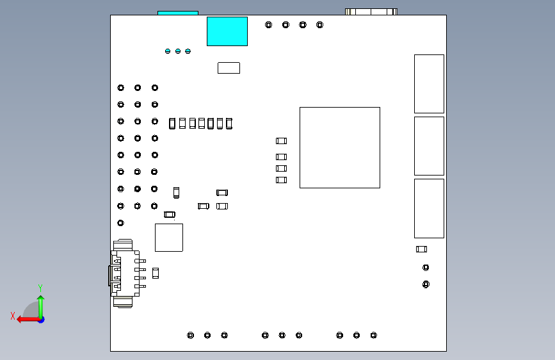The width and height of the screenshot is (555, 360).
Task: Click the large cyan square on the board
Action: click(227, 31)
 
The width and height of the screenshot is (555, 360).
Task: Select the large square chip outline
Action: click(339, 147)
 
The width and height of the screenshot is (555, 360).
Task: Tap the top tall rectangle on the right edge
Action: click(429, 84)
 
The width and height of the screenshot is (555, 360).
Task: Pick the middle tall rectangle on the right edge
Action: click(429, 146)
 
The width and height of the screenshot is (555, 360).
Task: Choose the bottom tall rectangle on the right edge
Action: click(429, 208)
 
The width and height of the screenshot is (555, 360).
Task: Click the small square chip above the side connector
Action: click(168, 238)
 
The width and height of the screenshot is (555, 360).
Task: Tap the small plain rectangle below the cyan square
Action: click(229, 67)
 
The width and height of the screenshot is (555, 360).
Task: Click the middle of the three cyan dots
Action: click(178, 51)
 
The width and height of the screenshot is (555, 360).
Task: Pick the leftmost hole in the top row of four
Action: click(269, 25)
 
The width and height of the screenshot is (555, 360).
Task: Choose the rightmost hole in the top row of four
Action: click(320, 25)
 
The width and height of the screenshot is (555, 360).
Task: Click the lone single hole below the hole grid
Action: click(120, 223)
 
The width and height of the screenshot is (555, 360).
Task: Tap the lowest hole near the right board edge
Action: click(426, 284)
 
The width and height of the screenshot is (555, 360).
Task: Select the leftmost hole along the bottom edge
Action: click(190, 335)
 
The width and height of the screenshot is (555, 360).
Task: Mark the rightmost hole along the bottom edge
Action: click(374, 335)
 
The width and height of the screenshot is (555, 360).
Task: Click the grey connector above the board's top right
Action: click(371, 11)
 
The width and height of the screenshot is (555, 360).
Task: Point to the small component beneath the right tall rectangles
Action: click(421, 249)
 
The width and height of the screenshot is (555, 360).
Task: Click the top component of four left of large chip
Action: click(281, 141)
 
